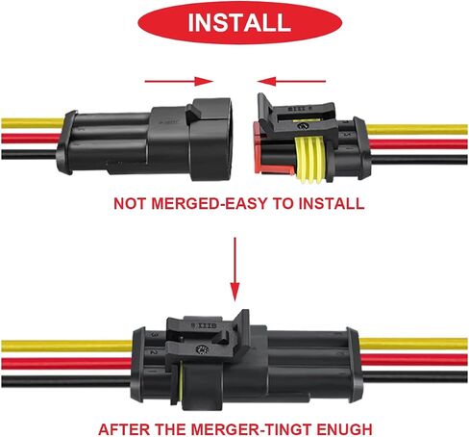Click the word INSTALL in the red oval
pos(239,22)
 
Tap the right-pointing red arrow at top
pos(179,81)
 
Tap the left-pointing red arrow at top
pos(291,81)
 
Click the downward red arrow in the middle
pos(235,270)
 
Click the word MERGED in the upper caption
pos(186,204)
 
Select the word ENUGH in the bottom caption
pos(345,429)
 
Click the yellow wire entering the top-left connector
pos(33,123)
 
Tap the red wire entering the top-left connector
pos(31,139)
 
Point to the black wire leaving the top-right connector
pos(419,160)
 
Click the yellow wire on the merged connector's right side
pos(413,344)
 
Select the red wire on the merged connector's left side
pos(66,363)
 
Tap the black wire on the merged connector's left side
pos(66,381)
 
